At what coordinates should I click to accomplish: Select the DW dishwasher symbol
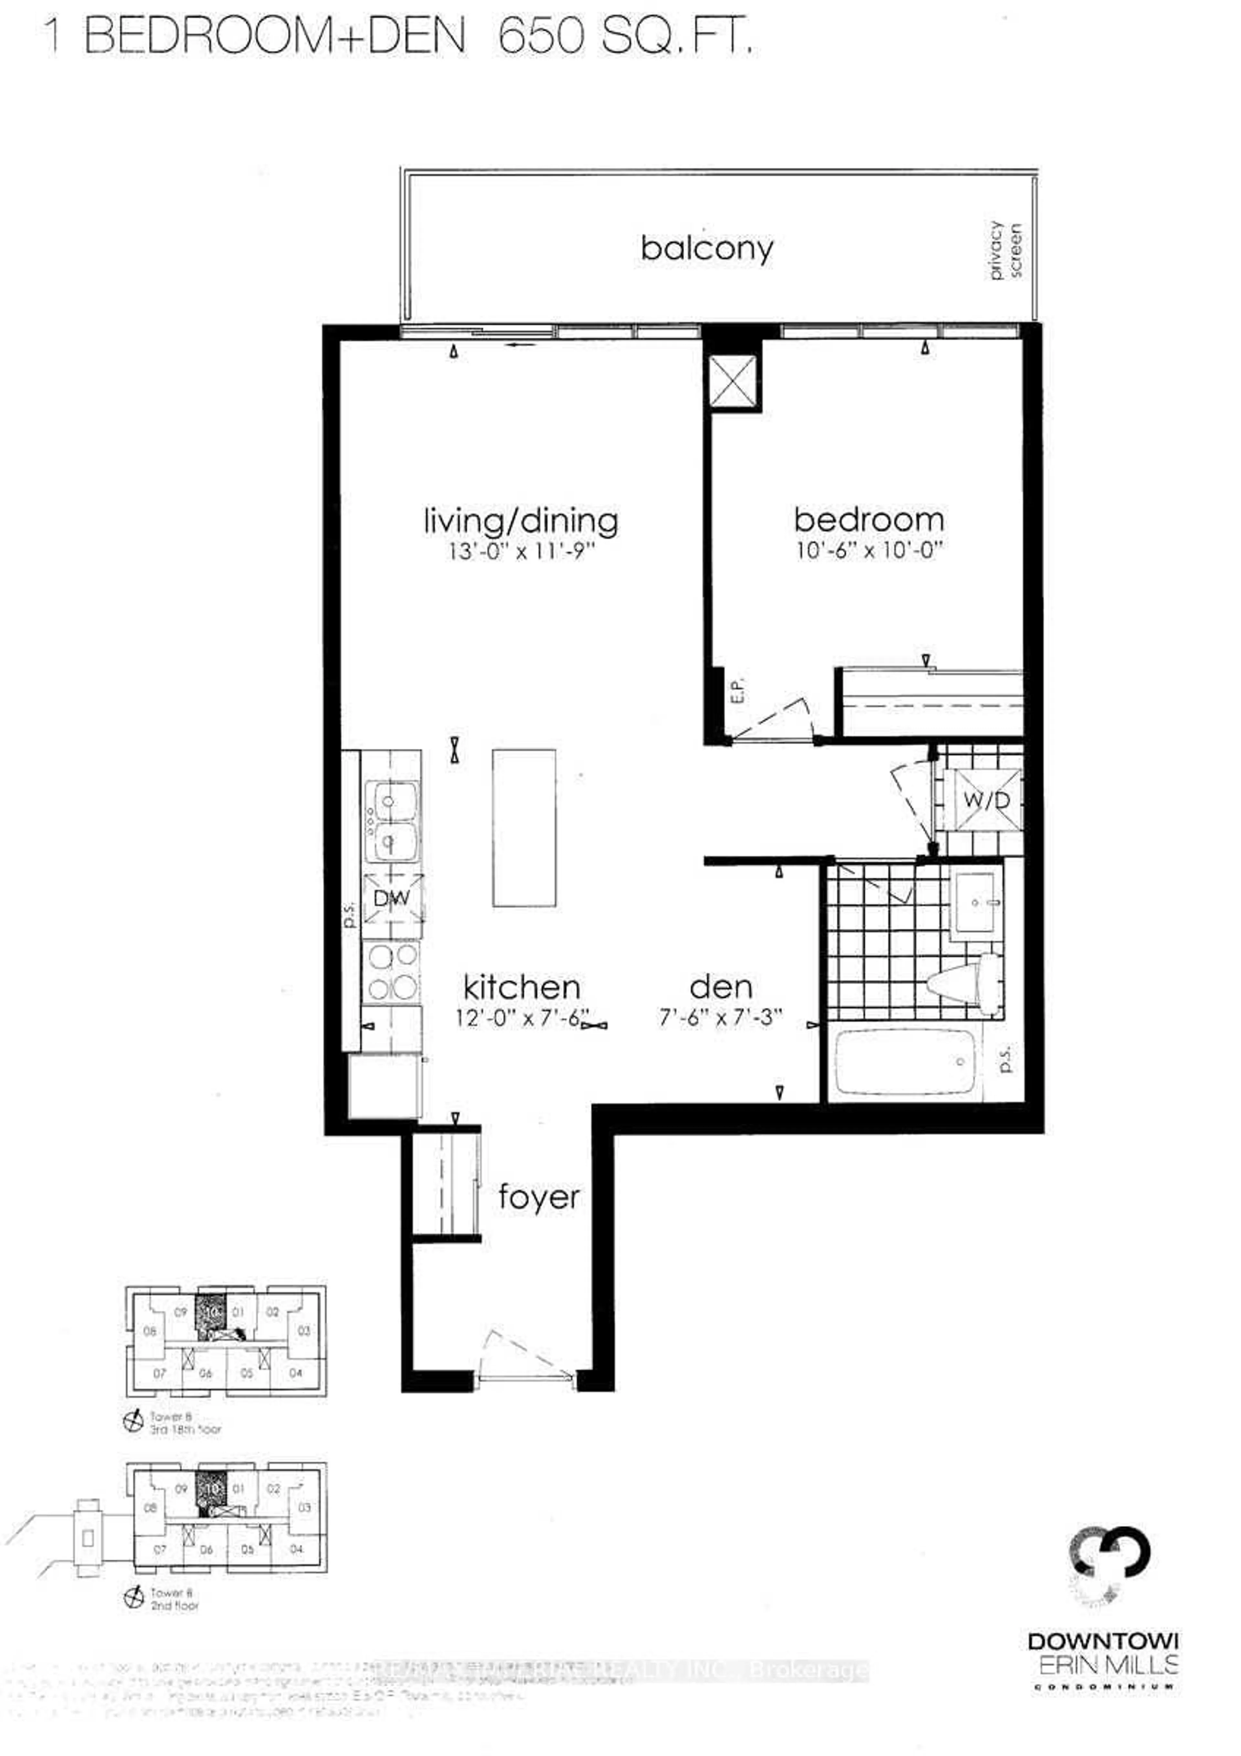392,899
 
